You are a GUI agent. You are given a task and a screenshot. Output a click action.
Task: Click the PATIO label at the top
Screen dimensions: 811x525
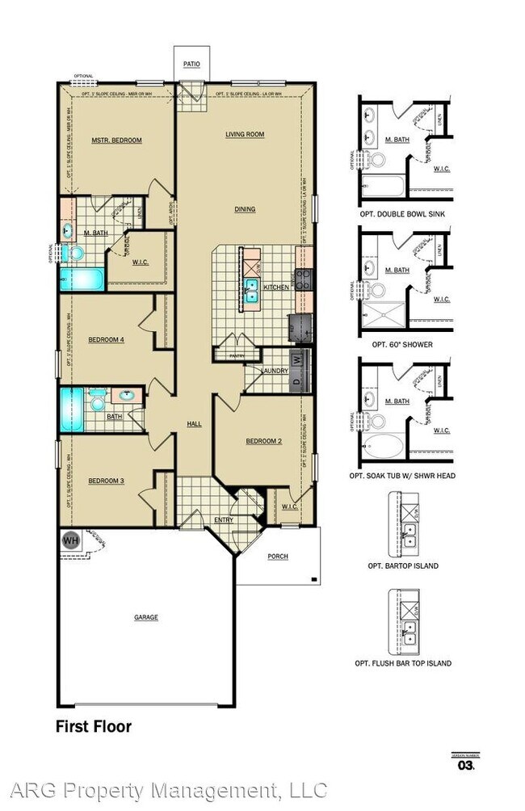click(x=191, y=63)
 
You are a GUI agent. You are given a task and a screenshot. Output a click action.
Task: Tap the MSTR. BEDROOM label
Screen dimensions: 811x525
click(x=116, y=141)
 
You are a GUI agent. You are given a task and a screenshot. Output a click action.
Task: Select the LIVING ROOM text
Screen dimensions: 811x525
click(x=245, y=135)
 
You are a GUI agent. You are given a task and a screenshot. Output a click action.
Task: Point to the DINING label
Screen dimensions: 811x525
click(x=245, y=209)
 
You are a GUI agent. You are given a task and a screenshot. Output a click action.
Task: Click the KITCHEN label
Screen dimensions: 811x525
click(x=276, y=287)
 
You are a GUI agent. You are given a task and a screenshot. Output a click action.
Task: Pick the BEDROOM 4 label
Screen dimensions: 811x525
click(x=106, y=339)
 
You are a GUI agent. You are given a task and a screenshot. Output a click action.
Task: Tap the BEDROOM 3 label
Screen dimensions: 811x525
click(x=106, y=481)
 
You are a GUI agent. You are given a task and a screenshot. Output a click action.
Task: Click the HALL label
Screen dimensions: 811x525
click(x=194, y=424)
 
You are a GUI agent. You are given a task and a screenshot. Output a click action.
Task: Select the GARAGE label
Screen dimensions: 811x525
click(x=146, y=617)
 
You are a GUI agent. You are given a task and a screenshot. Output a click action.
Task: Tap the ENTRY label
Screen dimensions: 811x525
click(x=224, y=520)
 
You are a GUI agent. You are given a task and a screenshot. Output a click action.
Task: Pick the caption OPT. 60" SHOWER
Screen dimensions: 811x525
click(x=402, y=345)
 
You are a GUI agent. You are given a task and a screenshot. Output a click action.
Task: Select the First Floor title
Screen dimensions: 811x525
click(x=93, y=726)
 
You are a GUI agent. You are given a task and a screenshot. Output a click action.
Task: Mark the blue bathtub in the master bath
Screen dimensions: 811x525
click(x=82, y=280)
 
